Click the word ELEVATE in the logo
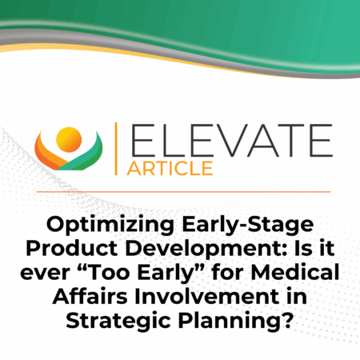click(x=231, y=140)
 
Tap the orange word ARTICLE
click(x=170, y=168)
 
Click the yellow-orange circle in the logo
click(x=69, y=140)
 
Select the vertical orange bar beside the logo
click(x=116, y=149)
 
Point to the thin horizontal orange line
click(x=183, y=191)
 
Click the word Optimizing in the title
click(x=110, y=226)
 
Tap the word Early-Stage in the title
click(x=248, y=226)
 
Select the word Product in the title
click(x=72, y=249)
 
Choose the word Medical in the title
click(x=295, y=272)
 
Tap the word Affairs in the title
click(x=90, y=296)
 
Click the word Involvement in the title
click(x=207, y=296)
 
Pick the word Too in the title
click(x=105, y=272)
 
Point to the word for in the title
click(x=228, y=272)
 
